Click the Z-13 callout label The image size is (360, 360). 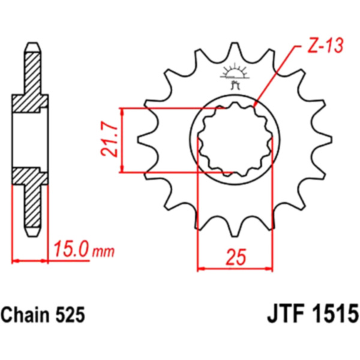point(326,46)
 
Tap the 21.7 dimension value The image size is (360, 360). point(109,139)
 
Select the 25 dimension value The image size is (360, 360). point(236,257)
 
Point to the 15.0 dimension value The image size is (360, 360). point(71,249)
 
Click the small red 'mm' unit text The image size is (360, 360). point(103,252)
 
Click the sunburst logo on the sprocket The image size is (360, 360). point(235,76)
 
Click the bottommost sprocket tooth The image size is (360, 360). point(235,228)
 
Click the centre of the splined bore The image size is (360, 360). point(235,139)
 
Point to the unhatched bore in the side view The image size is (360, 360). point(30,140)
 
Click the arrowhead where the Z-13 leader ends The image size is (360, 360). point(254,106)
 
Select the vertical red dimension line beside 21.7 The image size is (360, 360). point(122,140)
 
